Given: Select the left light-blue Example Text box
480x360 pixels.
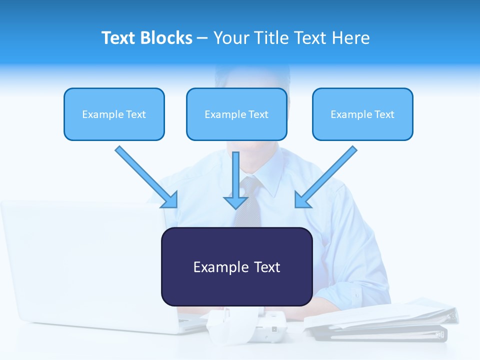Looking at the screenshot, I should (x=114, y=114).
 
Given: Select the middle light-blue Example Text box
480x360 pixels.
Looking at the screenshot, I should (x=236, y=114).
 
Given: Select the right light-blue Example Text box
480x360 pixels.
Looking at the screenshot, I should (x=362, y=114).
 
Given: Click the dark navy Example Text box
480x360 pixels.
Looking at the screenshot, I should (x=236, y=266).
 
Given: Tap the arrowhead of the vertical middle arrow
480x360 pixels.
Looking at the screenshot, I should (x=236, y=202).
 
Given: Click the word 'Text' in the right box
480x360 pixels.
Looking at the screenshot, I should (x=384, y=114).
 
